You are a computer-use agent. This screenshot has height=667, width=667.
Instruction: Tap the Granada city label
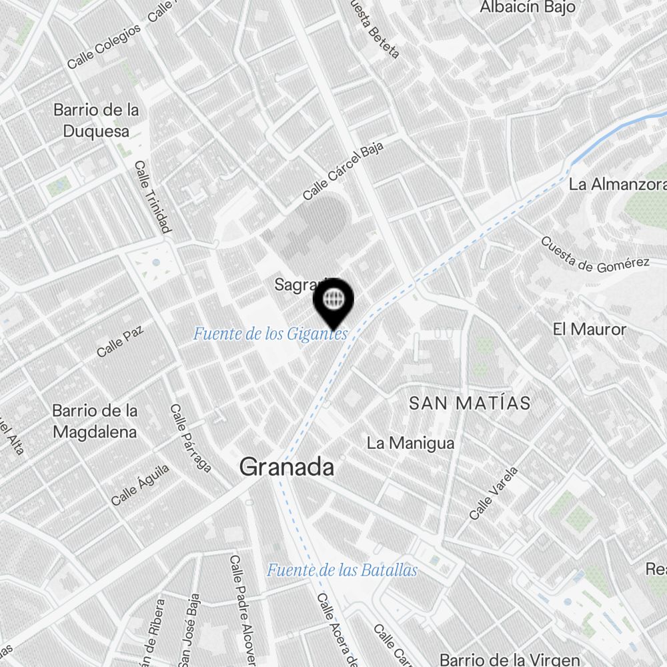coord(287,467)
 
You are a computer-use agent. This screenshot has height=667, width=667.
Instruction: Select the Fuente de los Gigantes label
coord(270,333)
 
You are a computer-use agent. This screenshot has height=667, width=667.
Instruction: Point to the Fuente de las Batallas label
coord(342,570)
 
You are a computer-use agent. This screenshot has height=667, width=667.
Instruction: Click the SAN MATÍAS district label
coord(470,403)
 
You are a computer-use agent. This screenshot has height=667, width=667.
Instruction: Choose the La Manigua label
coord(411,443)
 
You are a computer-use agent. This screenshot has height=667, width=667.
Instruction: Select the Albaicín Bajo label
coord(528,7)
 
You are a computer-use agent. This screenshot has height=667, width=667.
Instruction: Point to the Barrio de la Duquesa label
coord(97,120)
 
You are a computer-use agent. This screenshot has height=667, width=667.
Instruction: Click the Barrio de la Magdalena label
coord(95,421)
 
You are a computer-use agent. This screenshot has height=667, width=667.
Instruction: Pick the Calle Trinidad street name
coord(153,197)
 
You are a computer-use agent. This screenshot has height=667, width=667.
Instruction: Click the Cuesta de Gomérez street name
coord(595,255)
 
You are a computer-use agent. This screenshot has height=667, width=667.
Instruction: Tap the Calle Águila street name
coord(140,485)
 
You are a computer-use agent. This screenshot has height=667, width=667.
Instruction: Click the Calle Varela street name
coord(494,494)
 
